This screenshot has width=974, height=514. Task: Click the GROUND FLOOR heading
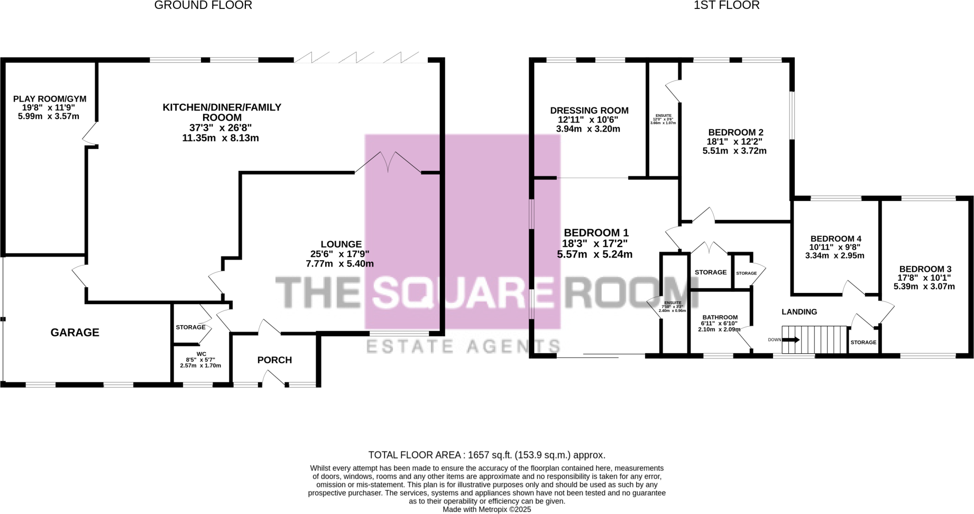(203, 5)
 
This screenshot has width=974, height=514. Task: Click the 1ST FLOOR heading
(727, 5)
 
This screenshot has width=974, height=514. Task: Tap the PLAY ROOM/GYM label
(50, 99)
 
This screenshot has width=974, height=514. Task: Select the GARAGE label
(75, 333)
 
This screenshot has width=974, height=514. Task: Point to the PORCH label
(274, 360)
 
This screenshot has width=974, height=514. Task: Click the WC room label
(201, 354)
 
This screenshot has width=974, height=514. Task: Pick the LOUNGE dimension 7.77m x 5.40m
(339, 264)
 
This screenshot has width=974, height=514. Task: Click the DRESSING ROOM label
(589, 111)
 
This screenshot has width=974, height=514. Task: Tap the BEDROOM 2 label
(736, 132)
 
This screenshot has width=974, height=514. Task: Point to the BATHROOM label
(720, 318)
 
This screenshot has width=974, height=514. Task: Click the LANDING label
(799, 312)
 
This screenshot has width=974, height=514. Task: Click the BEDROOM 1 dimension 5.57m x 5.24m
(594, 254)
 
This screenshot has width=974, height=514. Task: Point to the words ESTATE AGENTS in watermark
(463, 346)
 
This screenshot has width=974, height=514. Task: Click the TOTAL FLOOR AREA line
(486, 455)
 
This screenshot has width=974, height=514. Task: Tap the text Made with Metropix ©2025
(486, 510)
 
